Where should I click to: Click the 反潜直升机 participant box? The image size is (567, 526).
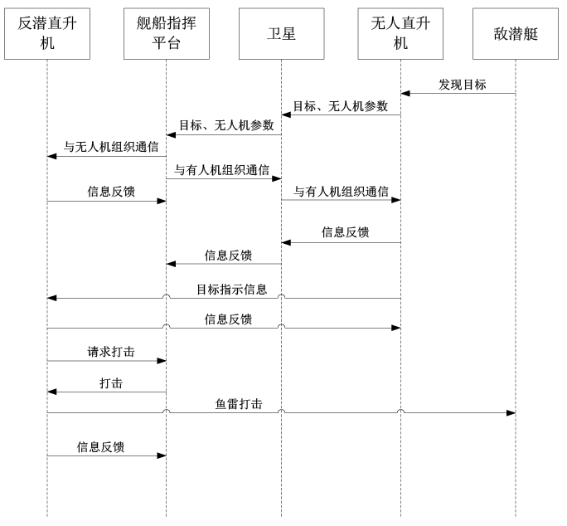pyautogui.click(x=47, y=34)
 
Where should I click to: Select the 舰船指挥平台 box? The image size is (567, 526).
pyautogui.click(x=167, y=34)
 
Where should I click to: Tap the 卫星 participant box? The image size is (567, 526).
pyautogui.click(x=281, y=34)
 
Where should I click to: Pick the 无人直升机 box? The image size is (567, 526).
pyautogui.click(x=400, y=34)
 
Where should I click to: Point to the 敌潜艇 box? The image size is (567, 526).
pyautogui.click(x=516, y=34)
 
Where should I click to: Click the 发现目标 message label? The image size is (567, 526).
pyautogui.click(x=463, y=85)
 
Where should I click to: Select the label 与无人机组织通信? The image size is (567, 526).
pyautogui.click(x=111, y=147)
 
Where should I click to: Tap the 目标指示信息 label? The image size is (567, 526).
pyautogui.click(x=232, y=290)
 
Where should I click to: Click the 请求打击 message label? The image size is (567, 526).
pyautogui.click(x=111, y=352)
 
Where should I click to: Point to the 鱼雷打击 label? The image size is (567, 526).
pyautogui.click(x=239, y=404)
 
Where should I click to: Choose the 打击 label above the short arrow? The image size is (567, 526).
pyautogui.click(x=111, y=383)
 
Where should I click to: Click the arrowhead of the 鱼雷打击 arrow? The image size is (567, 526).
pyautogui.click(x=511, y=412)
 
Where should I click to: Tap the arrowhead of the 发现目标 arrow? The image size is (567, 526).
pyautogui.click(x=405, y=94)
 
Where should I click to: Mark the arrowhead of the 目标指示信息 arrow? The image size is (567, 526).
pyautogui.click(x=52, y=298)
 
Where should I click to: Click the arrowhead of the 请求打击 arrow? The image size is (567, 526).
pyautogui.click(x=162, y=361)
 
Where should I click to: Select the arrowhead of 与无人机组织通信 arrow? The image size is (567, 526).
pyautogui.click(x=52, y=156)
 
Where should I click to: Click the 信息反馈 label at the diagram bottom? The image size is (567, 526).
pyautogui.click(x=100, y=446)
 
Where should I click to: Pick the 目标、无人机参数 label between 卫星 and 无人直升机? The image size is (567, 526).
pyautogui.click(x=340, y=106)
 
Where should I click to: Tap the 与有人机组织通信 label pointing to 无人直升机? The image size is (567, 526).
pyautogui.click(x=341, y=191)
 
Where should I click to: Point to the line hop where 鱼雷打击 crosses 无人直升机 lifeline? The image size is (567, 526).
pyautogui.click(x=400, y=411)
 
